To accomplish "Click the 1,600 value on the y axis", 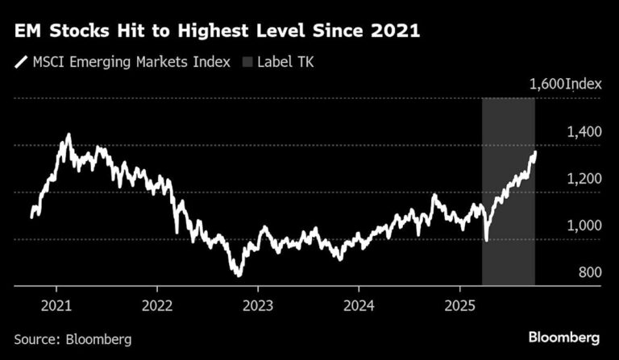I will (x=546, y=84).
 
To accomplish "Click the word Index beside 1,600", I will (x=584, y=84).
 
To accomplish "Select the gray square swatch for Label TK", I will (x=247, y=60).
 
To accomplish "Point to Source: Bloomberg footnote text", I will (x=73, y=339).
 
